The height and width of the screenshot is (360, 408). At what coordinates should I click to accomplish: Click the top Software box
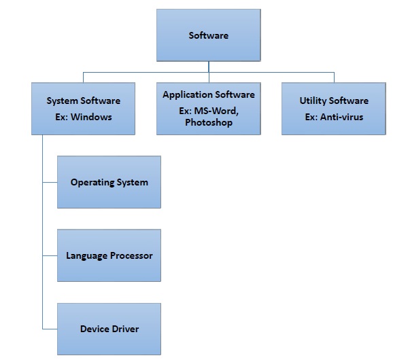(x=208, y=35)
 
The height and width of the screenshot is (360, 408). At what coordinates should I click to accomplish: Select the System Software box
(x=83, y=108)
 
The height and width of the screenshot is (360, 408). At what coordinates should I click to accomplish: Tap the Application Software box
(x=208, y=108)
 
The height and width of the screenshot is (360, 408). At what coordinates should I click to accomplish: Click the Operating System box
(x=109, y=182)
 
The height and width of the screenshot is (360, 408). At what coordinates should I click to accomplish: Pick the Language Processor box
(x=109, y=255)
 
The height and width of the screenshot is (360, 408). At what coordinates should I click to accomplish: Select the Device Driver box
(x=109, y=329)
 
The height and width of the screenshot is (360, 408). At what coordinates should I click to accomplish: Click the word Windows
(x=92, y=116)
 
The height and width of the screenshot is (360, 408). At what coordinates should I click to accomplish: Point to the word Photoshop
(x=208, y=123)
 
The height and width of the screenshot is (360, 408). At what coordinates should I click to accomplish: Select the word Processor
(x=129, y=255)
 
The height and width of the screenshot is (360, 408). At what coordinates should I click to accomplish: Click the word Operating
(x=92, y=182)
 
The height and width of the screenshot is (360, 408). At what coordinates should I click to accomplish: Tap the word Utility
(x=314, y=101)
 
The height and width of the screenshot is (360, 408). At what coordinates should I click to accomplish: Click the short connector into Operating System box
(x=50, y=182)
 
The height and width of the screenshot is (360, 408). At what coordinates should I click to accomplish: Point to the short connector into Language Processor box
(x=50, y=255)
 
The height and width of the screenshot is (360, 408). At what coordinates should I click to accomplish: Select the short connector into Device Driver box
(x=50, y=329)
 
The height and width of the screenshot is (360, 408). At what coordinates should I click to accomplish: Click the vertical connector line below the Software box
(x=208, y=65)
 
